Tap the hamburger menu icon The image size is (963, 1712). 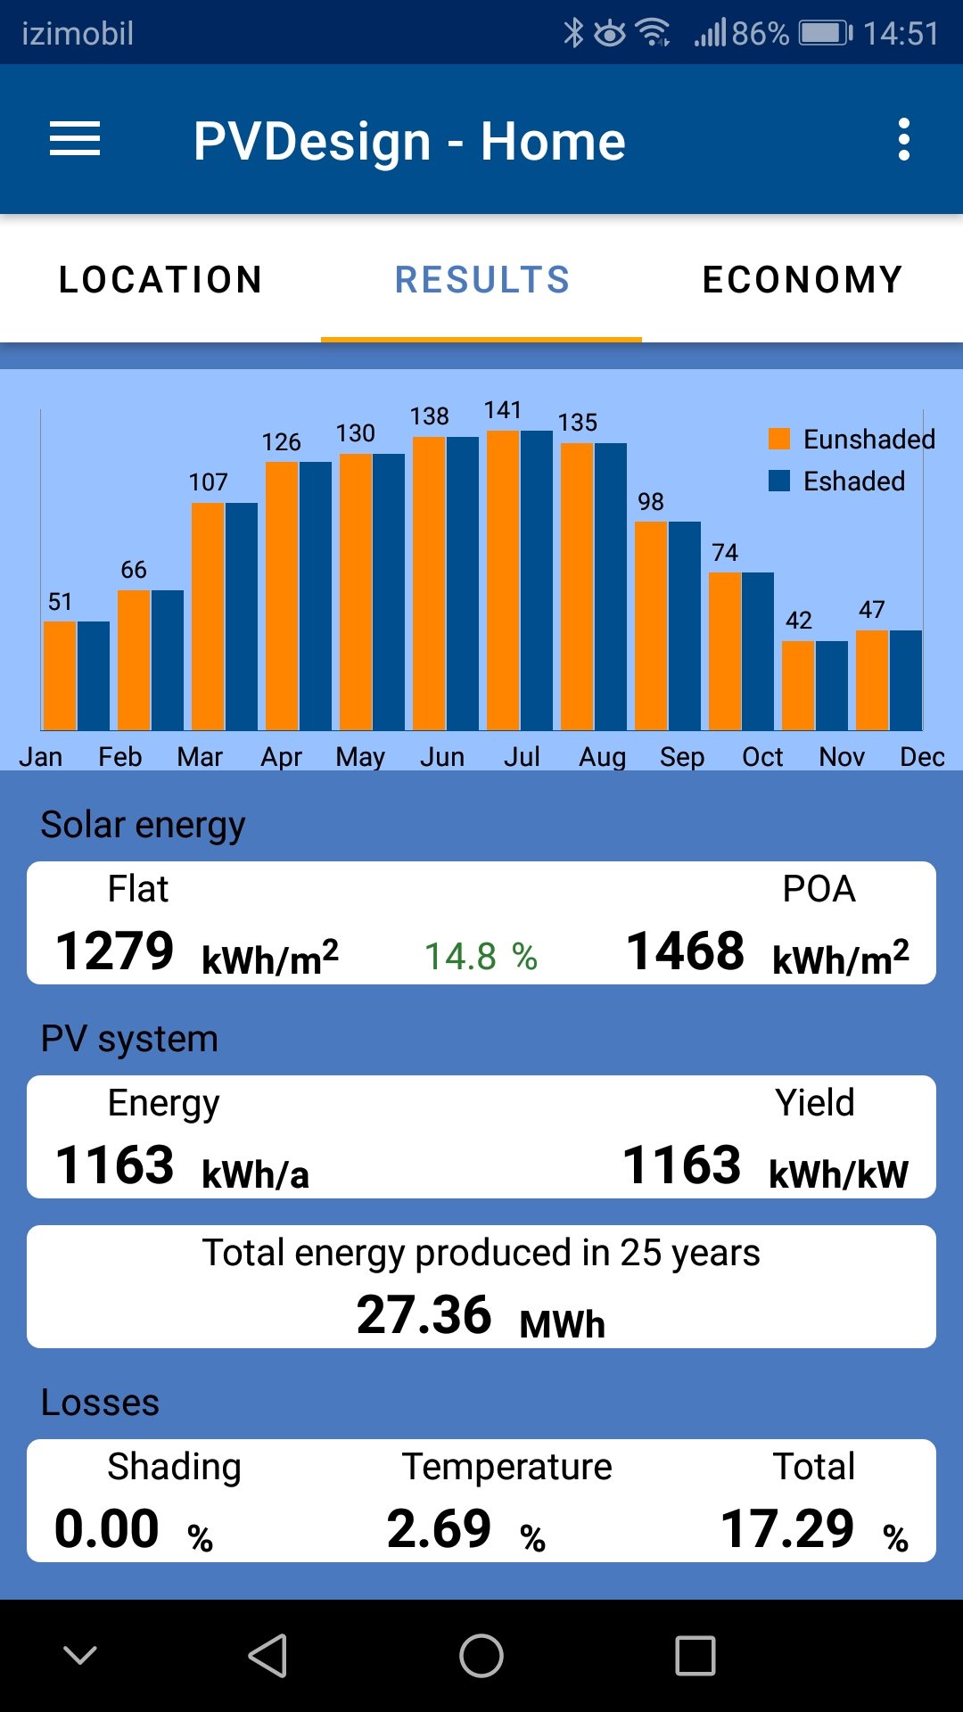75,140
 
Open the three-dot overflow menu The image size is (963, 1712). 903,140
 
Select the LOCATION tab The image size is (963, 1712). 160,280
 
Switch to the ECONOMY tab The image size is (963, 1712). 802,280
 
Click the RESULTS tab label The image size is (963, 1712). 481,280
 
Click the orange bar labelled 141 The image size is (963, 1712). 503,580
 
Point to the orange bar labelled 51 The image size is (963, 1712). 60,675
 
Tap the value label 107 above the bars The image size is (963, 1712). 208,482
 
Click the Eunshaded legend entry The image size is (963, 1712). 852,439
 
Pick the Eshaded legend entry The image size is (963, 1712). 838,481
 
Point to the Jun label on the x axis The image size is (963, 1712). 442,757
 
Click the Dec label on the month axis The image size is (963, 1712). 922,757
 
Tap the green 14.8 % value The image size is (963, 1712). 481,957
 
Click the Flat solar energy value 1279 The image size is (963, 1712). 115,951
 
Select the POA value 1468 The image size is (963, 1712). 685,951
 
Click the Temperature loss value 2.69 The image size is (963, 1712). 439,1528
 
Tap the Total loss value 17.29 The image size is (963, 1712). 787,1528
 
